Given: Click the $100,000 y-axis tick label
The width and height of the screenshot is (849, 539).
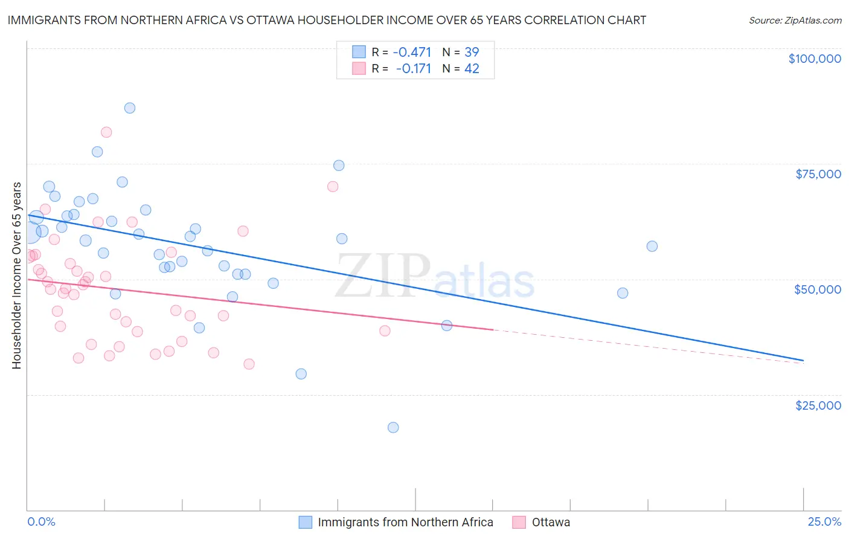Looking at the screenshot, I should [x=815, y=59].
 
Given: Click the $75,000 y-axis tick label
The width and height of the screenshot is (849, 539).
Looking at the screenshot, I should [x=818, y=174].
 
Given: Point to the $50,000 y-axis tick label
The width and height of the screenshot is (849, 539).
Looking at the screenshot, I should [x=817, y=289].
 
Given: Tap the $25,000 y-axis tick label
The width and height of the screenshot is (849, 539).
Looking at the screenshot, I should [x=818, y=405].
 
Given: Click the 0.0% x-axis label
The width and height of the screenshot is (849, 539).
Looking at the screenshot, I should [x=41, y=521].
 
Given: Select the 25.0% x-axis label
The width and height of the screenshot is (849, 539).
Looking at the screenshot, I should [x=824, y=521].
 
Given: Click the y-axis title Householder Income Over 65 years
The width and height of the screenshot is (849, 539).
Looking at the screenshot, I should [x=17, y=276].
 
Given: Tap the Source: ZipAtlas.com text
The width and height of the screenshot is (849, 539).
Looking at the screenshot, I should [x=795, y=20].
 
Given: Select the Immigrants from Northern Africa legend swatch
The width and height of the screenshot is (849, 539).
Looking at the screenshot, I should [x=306, y=522].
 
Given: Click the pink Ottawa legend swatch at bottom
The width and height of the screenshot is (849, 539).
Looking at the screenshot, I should [x=519, y=522].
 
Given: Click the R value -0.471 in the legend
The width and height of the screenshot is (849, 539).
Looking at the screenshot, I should [x=412, y=52].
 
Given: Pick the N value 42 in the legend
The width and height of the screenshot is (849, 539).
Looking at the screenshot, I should [x=472, y=69].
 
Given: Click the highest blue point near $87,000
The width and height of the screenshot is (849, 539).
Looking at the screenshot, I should [x=130, y=108].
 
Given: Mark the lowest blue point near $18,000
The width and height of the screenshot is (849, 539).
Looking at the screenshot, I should [x=393, y=427].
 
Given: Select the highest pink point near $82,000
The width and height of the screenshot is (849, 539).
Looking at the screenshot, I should [x=106, y=132].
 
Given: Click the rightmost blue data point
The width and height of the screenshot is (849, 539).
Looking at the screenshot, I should [x=652, y=246].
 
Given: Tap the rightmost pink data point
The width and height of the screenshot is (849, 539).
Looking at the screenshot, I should [x=385, y=331].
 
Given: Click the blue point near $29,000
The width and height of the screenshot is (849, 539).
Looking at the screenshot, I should [x=301, y=374].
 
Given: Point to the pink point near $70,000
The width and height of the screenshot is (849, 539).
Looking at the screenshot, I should [x=333, y=187].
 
